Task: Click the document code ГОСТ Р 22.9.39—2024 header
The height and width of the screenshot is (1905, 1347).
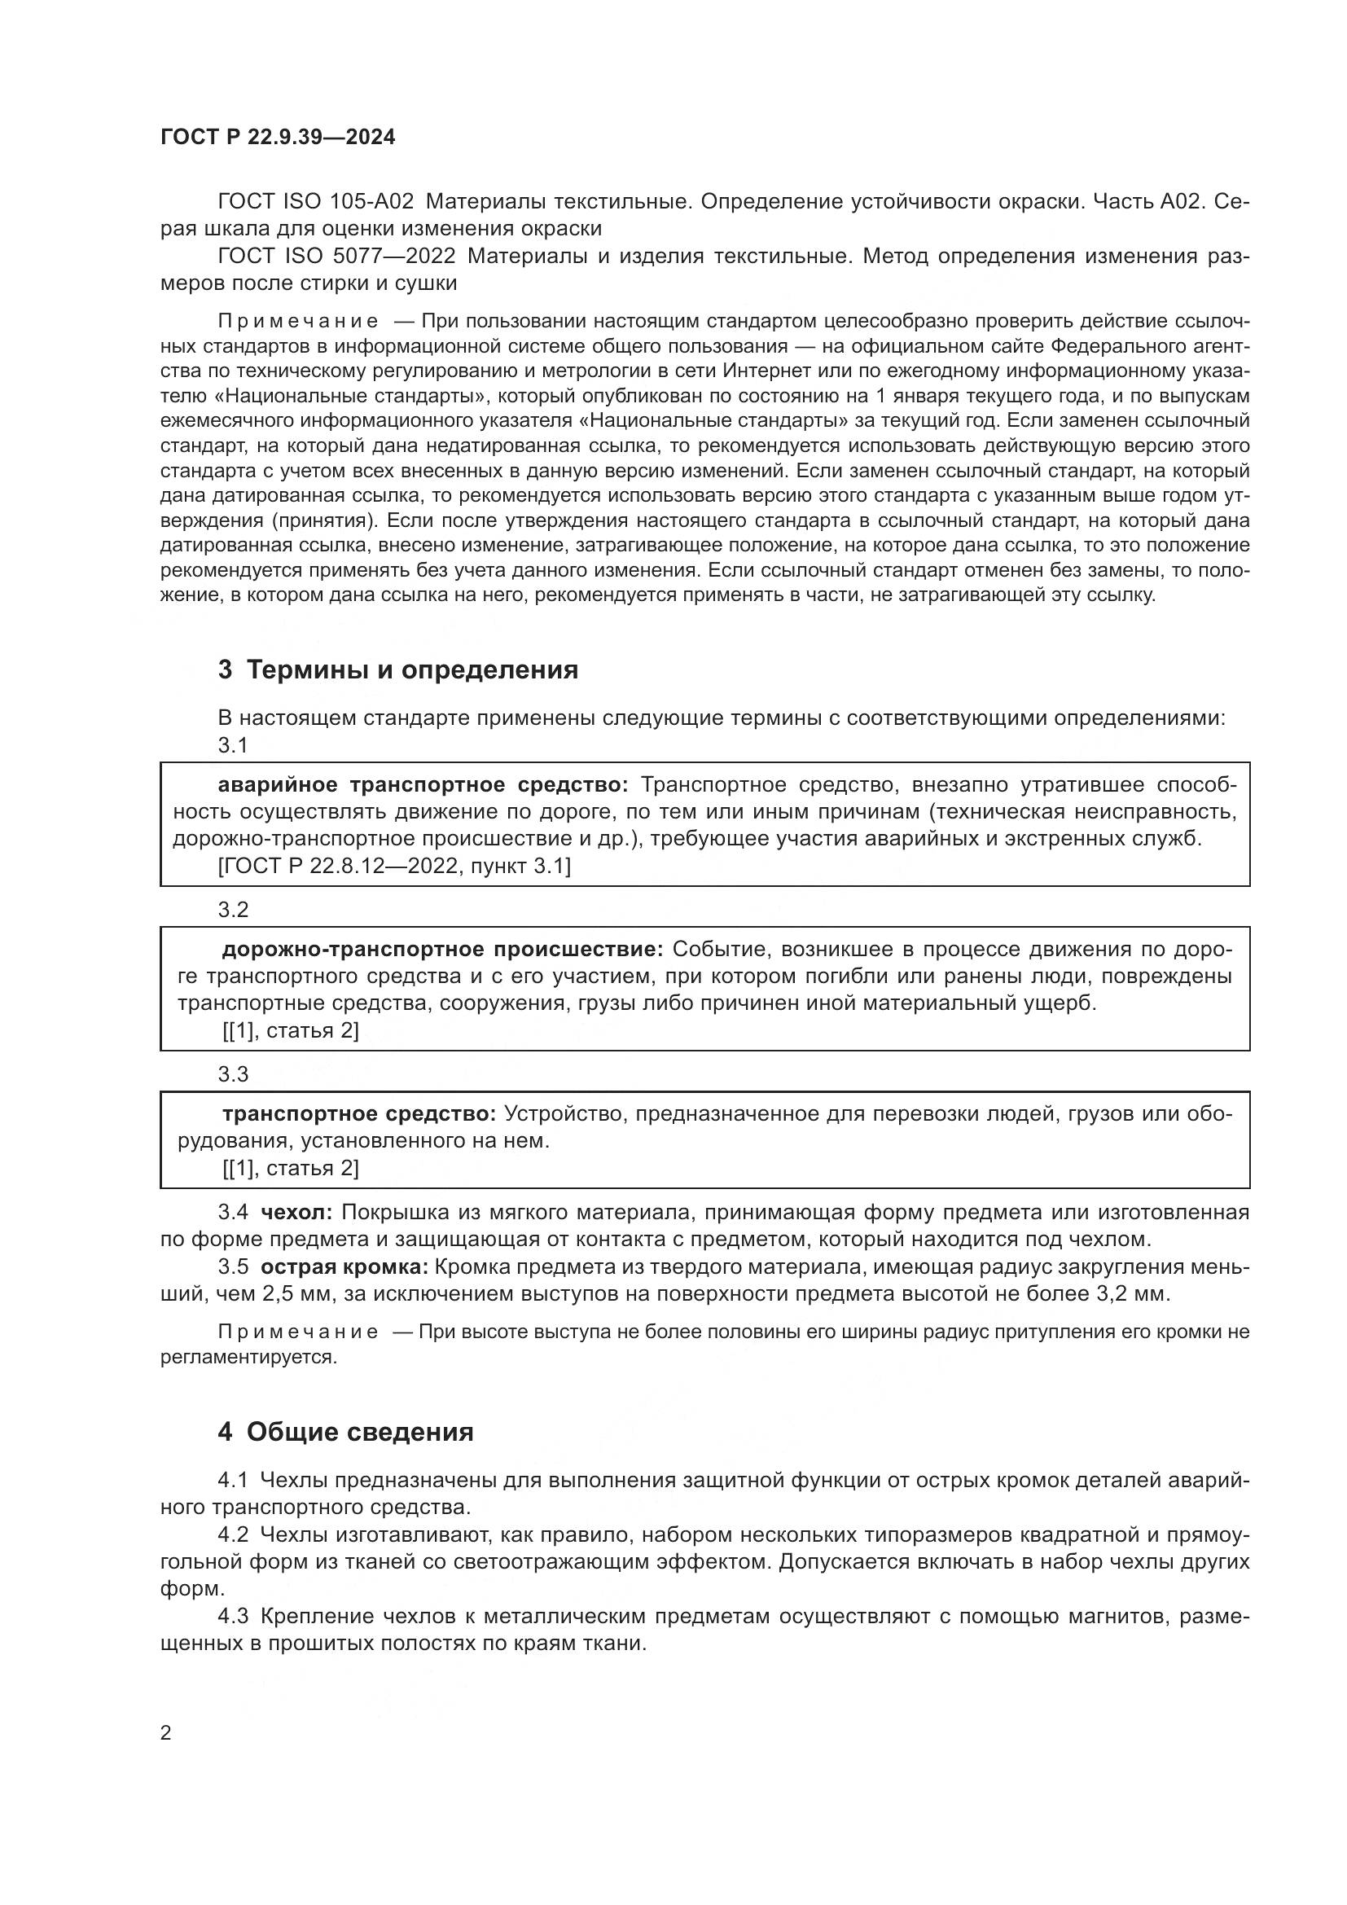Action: pyautogui.click(x=278, y=138)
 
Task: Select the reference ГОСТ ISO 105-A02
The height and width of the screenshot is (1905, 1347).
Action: pyautogui.click(x=315, y=202)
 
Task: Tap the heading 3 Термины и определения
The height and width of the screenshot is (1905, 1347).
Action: pyautogui.click(x=398, y=669)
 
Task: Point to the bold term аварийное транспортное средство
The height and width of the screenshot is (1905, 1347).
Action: pyautogui.click(x=423, y=785)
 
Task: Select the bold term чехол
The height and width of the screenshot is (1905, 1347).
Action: pyautogui.click(x=296, y=1213)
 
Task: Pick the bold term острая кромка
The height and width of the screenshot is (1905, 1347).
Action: pyautogui.click(x=344, y=1267)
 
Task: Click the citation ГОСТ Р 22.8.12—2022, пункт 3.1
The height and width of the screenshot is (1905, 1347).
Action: pyautogui.click(x=395, y=867)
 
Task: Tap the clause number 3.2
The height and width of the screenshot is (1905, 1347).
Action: pyautogui.click(x=233, y=911)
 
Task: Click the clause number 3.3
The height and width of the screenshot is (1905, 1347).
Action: pyautogui.click(x=233, y=1074)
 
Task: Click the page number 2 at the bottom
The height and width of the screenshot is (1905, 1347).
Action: pyautogui.click(x=166, y=1733)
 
